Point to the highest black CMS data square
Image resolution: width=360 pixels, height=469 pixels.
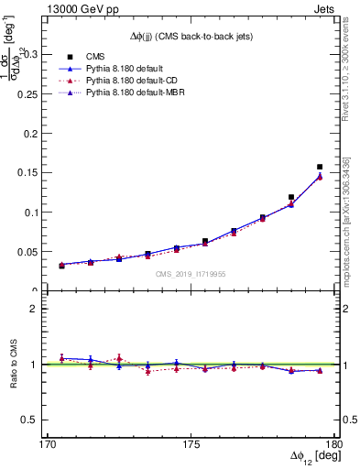(320, 167)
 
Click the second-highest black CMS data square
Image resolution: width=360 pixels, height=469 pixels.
(291, 197)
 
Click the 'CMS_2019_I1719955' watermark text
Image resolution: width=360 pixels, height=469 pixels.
(191, 273)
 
